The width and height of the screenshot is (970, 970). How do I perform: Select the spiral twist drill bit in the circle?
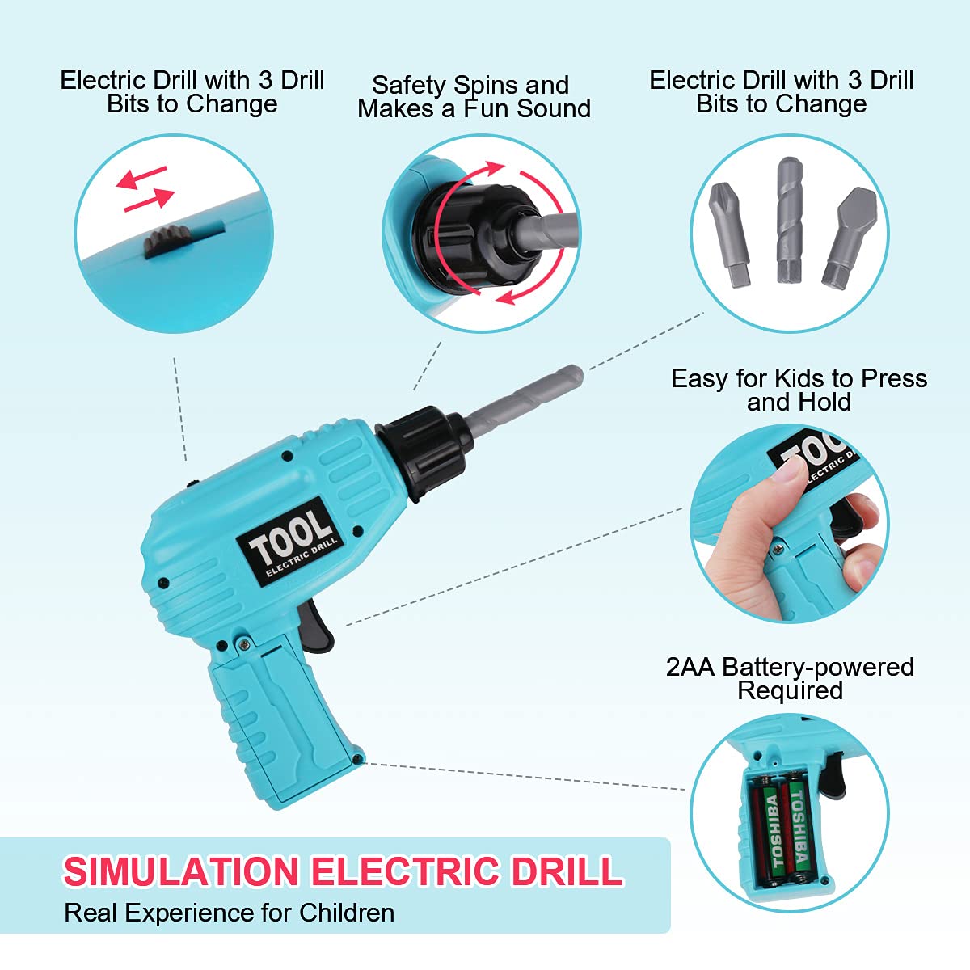point(789,220)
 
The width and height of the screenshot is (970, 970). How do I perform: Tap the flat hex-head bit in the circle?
point(850,238)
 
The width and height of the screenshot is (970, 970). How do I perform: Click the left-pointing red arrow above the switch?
point(141,178)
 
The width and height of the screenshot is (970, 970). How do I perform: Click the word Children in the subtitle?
point(347,913)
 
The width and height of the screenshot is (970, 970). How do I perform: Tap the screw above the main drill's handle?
point(243,643)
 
